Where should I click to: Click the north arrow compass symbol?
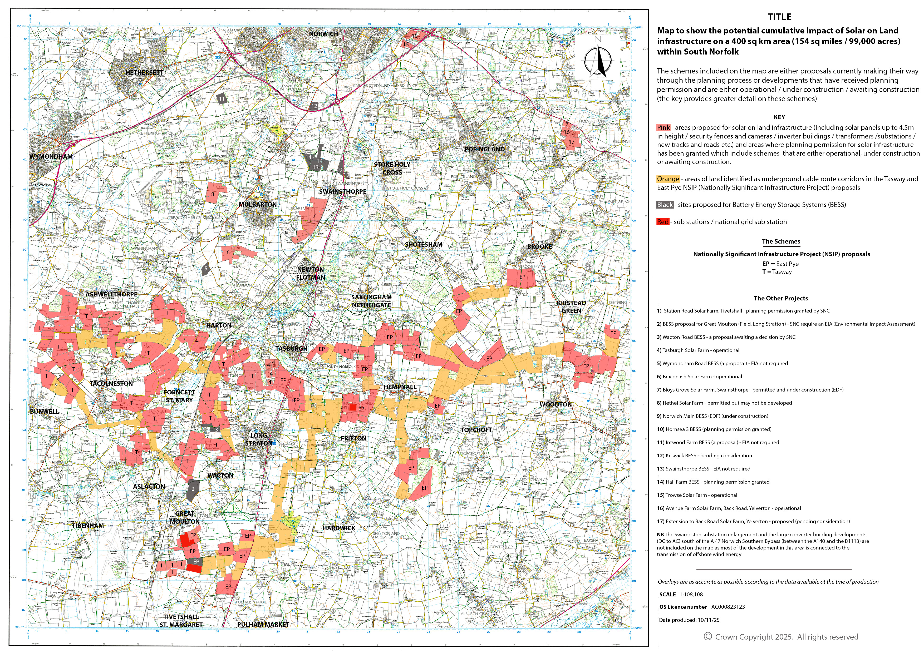coord(598,61)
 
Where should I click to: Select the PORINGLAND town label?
coord(484,149)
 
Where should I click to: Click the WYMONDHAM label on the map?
coord(51,156)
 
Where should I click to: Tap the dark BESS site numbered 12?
coord(314,106)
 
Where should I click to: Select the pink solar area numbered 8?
coord(213,194)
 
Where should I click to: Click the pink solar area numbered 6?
coord(228,253)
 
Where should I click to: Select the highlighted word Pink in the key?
coord(663,127)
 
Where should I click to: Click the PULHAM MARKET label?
coord(263,625)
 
